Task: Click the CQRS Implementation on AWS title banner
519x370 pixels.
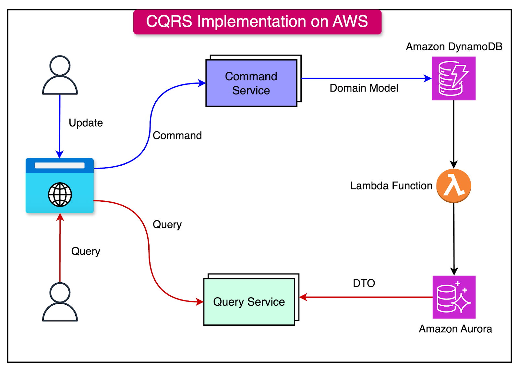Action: pyautogui.click(x=257, y=22)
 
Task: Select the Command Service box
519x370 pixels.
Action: pyautogui.click(x=251, y=83)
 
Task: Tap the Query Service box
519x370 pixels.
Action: pyautogui.click(x=249, y=302)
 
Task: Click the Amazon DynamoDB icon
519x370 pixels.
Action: pyautogui.click(x=453, y=78)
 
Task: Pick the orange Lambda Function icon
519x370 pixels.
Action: pyautogui.click(x=453, y=185)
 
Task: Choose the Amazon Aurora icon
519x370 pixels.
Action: pyautogui.click(x=454, y=297)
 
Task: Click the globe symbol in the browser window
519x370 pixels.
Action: pyautogui.click(x=60, y=195)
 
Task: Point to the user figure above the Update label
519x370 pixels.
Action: pyautogui.click(x=60, y=75)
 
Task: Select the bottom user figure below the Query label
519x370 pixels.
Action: pyautogui.click(x=60, y=302)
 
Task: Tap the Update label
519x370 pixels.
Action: pyautogui.click(x=86, y=123)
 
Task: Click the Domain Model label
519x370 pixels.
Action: pyautogui.click(x=364, y=88)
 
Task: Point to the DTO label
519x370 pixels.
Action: pyautogui.click(x=364, y=283)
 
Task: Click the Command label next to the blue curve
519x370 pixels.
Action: pyautogui.click(x=177, y=135)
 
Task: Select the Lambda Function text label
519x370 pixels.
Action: pyautogui.click(x=391, y=186)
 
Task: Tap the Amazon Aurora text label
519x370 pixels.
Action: pyautogui.click(x=455, y=329)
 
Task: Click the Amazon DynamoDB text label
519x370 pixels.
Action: pyautogui.click(x=454, y=46)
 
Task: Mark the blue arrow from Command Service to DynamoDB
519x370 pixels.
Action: pyautogui.click(x=363, y=78)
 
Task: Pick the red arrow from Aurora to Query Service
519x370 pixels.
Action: pyautogui.click(x=367, y=297)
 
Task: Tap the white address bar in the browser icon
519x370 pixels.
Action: pyautogui.click(x=60, y=165)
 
